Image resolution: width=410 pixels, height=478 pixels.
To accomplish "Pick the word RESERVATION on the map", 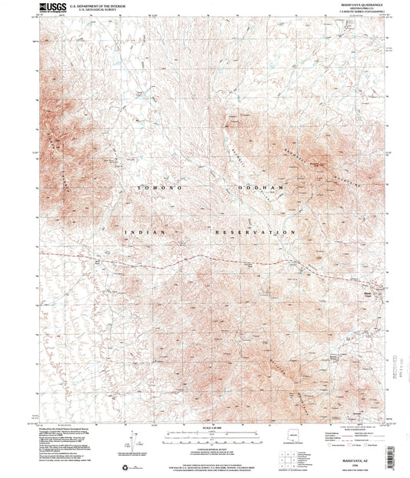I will click(x=255, y=232).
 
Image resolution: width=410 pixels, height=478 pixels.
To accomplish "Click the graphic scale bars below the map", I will click(x=205, y=436).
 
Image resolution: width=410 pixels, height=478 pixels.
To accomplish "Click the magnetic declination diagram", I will click(x=131, y=440).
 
